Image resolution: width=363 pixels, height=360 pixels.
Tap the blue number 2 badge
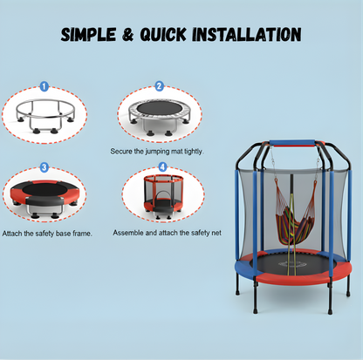click(159, 86)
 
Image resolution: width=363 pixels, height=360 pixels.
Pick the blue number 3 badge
click(45, 166)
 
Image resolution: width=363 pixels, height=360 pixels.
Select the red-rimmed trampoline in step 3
click(45, 195)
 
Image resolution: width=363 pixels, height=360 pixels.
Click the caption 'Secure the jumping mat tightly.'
click(157, 151)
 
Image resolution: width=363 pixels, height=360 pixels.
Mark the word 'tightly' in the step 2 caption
click(194, 151)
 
